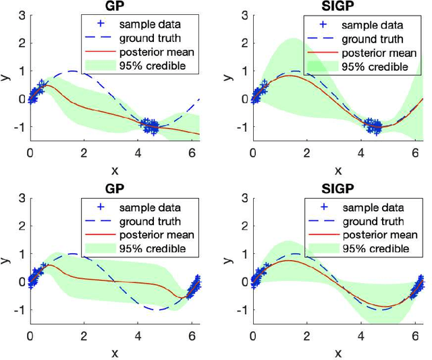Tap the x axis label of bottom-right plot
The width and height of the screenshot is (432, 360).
pos(337,353)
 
